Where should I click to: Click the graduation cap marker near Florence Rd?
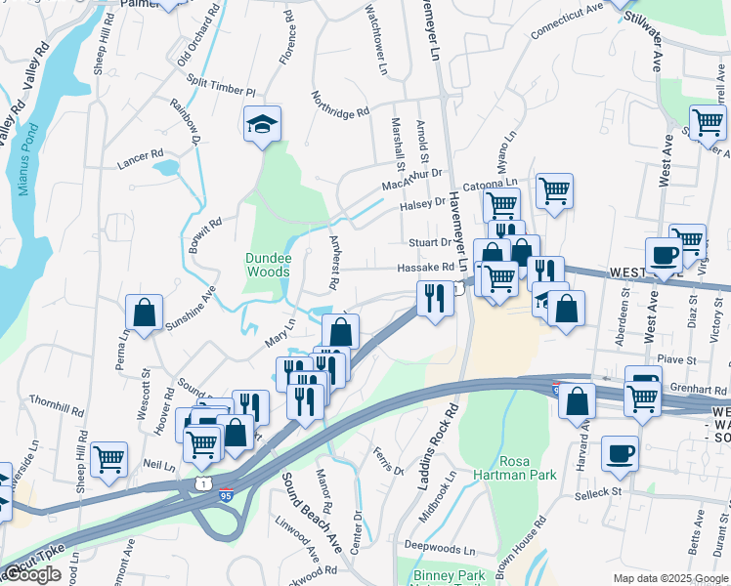point(262,124)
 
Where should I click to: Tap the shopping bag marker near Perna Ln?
point(145,314)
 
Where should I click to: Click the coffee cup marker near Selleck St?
point(620,454)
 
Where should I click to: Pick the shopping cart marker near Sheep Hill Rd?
point(108,458)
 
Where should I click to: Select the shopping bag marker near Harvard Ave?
point(577,399)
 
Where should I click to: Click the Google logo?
point(31,574)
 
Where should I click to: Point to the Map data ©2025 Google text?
point(668,578)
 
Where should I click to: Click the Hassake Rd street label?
point(425,268)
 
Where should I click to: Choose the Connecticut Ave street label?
point(567,21)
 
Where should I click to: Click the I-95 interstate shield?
point(226,496)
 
